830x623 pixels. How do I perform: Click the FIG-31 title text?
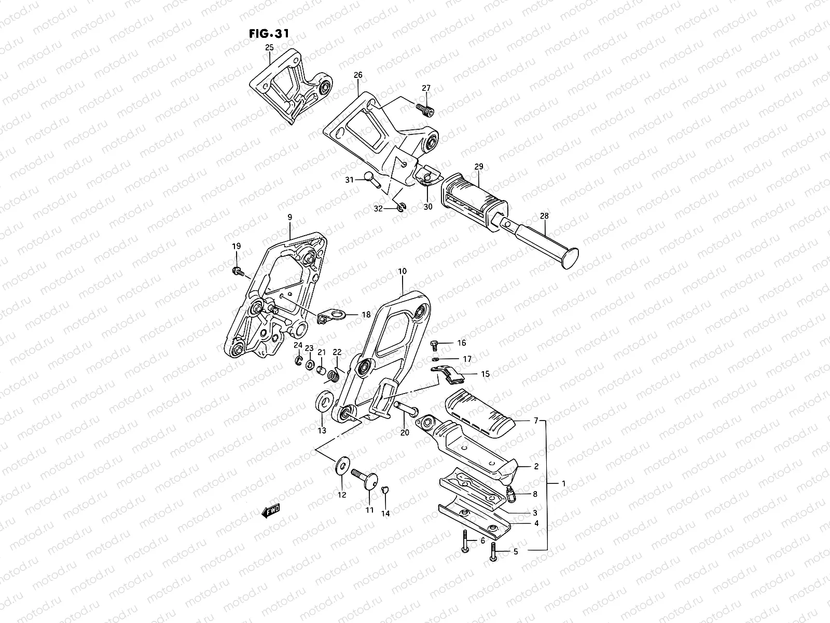click(269, 33)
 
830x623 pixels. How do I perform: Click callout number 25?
click(269, 48)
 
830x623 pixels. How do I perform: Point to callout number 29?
click(478, 167)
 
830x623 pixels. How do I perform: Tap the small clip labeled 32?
click(402, 208)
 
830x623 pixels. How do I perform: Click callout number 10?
click(403, 271)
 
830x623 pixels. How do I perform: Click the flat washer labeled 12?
click(342, 464)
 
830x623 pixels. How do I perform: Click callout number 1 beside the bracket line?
click(563, 483)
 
